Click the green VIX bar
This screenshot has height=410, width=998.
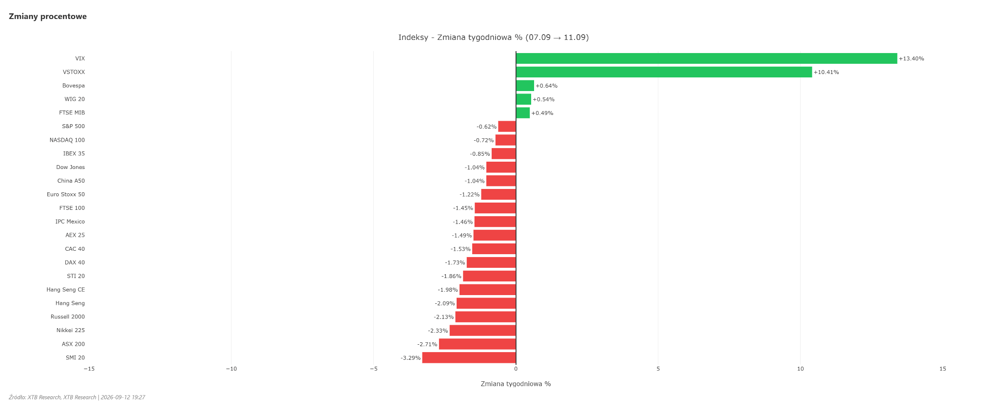(x=707, y=58)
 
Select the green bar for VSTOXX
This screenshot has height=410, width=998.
(x=664, y=72)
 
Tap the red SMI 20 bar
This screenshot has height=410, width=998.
(x=469, y=357)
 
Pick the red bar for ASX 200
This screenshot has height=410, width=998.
(x=478, y=344)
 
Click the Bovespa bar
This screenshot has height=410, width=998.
(x=525, y=86)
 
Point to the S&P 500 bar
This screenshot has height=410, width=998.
(x=507, y=127)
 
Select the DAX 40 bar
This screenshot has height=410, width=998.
(x=491, y=262)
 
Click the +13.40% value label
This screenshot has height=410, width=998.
(x=911, y=59)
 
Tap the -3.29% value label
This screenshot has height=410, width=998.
(x=411, y=358)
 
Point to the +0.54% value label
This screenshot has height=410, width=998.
(x=543, y=100)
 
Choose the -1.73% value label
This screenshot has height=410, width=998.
(x=455, y=263)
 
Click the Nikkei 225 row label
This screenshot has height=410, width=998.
(x=71, y=331)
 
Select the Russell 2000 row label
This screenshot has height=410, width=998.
(x=68, y=317)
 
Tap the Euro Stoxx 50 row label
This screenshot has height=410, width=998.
(x=66, y=195)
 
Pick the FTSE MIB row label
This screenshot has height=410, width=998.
(x=72, y=113)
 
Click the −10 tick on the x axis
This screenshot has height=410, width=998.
(x=231, y=369)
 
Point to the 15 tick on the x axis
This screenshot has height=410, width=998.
(x=943, y=369)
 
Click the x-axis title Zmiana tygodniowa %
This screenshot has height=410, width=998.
(x=516, y=384)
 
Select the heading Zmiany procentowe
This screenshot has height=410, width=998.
(x=48, y=17)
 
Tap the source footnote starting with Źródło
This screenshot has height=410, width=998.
(x=77, y=397)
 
